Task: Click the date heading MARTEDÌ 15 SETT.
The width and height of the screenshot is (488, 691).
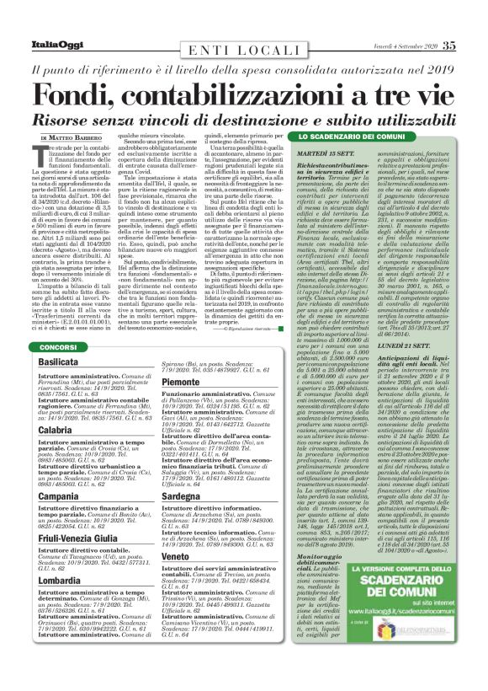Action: tap(321, 152)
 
